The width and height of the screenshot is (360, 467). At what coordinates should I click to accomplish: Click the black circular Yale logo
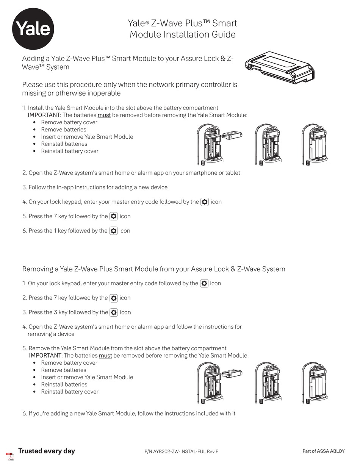33,29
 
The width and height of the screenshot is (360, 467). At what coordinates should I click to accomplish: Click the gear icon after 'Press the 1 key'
113,231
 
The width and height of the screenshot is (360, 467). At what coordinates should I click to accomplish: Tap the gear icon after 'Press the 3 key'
114,312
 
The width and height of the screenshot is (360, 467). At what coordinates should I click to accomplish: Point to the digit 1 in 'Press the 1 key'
55,231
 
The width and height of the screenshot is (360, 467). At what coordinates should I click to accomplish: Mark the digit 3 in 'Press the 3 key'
56,312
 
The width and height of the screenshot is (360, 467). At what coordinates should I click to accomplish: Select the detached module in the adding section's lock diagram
232,135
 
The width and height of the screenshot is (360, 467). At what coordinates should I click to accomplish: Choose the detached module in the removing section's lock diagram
232,373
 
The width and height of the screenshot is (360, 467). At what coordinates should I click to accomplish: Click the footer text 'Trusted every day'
47,451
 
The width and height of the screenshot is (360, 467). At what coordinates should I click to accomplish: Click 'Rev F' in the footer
213,451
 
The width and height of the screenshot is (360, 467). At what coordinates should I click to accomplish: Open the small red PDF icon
10,456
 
